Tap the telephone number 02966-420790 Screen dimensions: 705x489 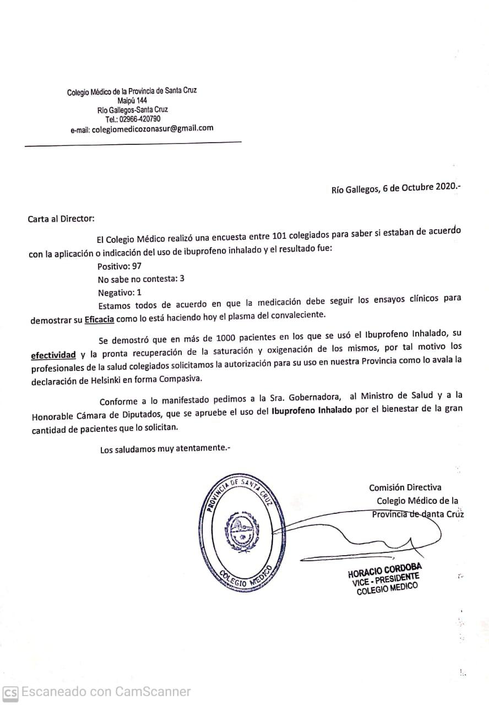click(140, 119)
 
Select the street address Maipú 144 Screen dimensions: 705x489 click(132, 101)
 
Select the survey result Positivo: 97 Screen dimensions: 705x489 click(119, 265)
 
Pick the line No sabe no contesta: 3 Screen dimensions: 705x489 click(140, 279)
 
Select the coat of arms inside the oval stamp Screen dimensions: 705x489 click(240, 530)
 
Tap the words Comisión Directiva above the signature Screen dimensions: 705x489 click(405, 487)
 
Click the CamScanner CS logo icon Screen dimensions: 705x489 click(10, 692)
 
